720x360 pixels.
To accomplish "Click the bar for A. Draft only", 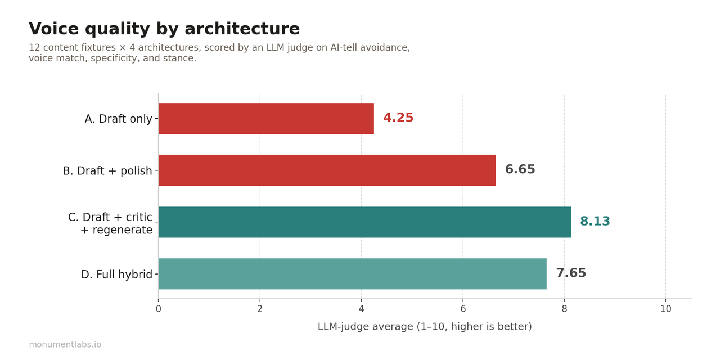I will click(x=266, y=119).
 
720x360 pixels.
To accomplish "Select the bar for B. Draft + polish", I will click(x=327, y=170).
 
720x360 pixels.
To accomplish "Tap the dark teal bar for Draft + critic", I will click(x=364, y=222).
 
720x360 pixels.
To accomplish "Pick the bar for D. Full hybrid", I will click(x=352, y=274).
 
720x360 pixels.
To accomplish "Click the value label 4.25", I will click(x=398, y=118).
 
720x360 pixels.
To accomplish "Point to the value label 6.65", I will click(x=520, y=170).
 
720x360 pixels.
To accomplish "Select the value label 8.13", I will click(x=595, y=222).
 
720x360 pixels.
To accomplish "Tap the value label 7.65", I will click(x=571, y=273).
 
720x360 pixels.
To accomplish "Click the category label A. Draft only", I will click(x=118, y=119).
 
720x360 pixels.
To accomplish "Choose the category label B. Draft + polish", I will click(x=107, y=171).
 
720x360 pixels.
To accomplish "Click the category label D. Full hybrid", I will click(x=116, y=275).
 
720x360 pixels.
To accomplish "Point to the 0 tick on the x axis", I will click(x=159, y=309).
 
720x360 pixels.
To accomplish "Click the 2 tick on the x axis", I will click(x=260, y=309).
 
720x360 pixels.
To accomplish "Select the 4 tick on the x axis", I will click(x=361, y=309).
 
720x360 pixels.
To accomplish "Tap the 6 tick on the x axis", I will click(x=463, y=309).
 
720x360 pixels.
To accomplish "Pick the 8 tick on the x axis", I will click(x=564, y=309).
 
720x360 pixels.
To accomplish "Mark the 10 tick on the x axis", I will click(x=665, y=309).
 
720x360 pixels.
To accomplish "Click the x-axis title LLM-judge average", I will click(x=424, y=327).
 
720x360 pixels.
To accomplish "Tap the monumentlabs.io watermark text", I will click(x=65, y=345).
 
